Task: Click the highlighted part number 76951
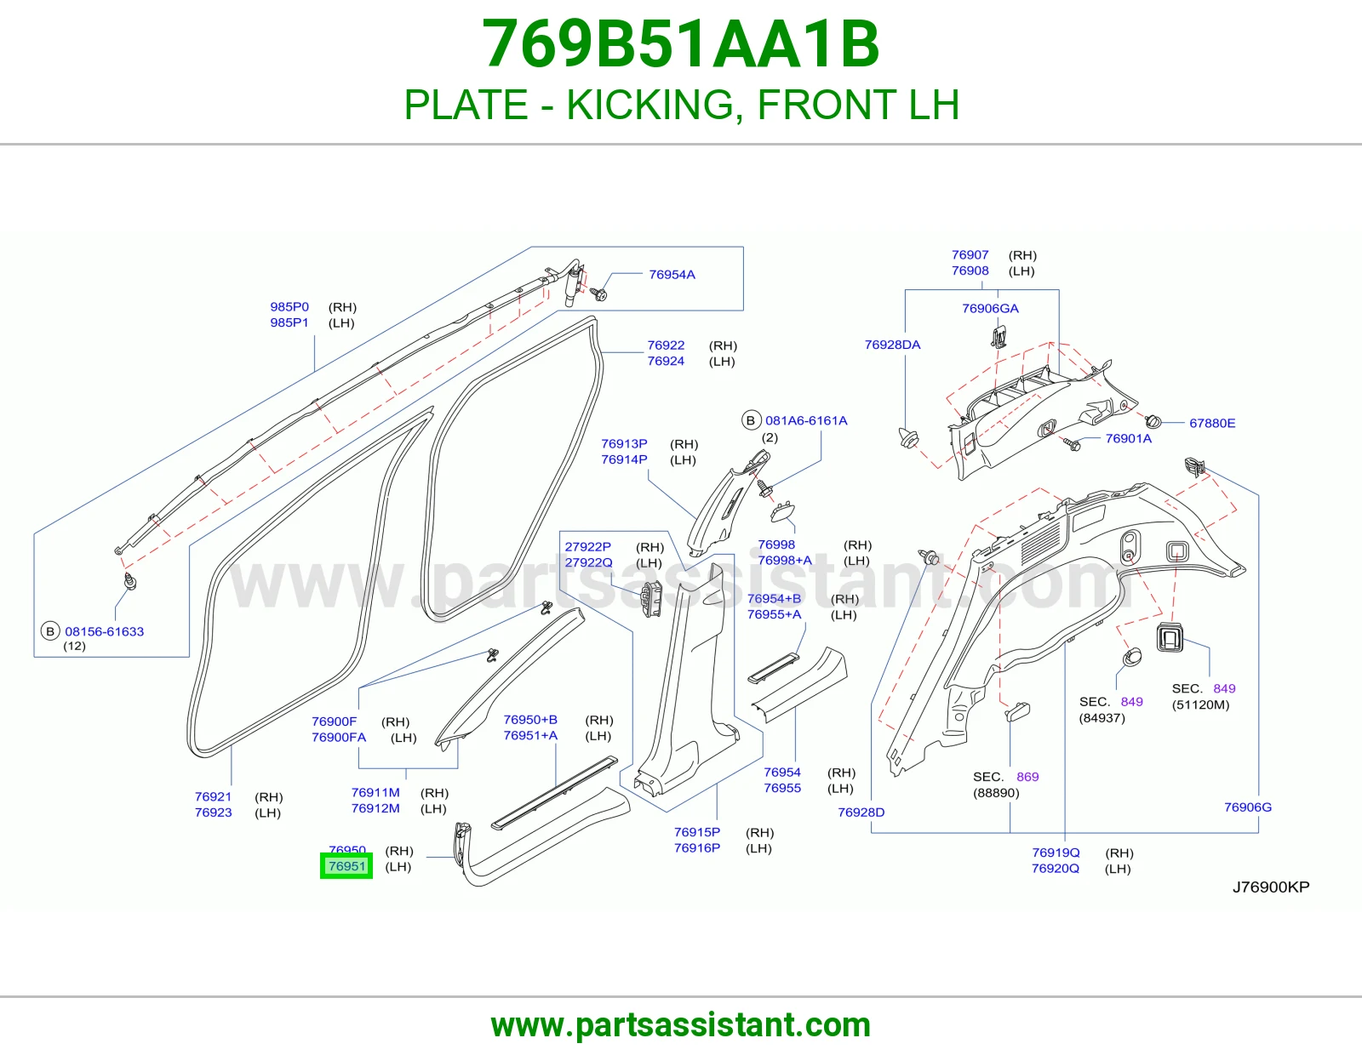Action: point(346,866)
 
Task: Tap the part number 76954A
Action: point(672,275)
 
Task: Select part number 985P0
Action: point(289,306)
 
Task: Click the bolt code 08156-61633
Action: point(105,631)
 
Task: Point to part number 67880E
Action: point(1212,423)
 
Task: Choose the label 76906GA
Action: point(990,308)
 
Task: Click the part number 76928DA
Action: point(893,345)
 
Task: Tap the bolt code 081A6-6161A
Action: point(806,420)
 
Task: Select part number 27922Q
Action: point(588,562)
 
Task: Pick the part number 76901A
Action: point(1128,438)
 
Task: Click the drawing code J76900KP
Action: point(1271,887)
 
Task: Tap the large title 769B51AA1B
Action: point(681,44)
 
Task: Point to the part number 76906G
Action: point(1248,807)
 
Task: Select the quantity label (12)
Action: point(75,646)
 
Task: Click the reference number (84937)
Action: point(1102,718)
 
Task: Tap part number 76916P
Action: point(697,847)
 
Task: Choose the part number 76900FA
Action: point(339,738)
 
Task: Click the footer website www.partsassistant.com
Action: point(681,1025)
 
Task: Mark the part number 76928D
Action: point(861,812)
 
